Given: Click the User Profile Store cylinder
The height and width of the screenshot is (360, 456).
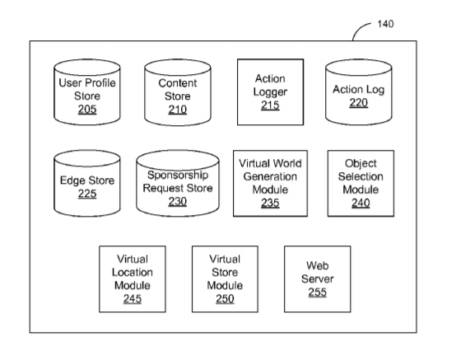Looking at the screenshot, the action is coord(87,92).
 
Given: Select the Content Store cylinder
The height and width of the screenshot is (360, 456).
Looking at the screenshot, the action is coord(178,92).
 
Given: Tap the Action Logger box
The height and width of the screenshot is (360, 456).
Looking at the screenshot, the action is coord(271,92).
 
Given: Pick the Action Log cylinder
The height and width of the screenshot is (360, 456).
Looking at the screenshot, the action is coord(359,92).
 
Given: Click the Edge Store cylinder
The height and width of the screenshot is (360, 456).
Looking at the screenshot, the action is coord(87,184).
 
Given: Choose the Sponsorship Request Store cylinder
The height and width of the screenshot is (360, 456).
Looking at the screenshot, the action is coord(178,184).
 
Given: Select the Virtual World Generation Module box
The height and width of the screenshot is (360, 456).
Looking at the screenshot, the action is coord(270,184).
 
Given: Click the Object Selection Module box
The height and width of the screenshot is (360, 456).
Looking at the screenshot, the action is coord(361,184).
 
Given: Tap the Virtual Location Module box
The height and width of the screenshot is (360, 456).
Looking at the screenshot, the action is coord(133,279).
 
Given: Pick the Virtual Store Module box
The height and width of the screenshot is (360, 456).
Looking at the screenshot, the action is coord(225,279).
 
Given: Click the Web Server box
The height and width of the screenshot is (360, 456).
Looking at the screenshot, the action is coord(317,279).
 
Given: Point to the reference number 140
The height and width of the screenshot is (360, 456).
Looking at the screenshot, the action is coord(385,24).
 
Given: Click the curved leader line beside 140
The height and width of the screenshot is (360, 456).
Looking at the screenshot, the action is coord(358,28).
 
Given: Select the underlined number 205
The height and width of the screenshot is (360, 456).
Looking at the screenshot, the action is coord(87,110).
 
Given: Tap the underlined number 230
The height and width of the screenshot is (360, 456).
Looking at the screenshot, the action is coord(178,201).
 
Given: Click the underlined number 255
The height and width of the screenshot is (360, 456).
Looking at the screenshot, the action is coord(317,292).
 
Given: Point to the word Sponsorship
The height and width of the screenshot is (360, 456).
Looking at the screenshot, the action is coord(178,175).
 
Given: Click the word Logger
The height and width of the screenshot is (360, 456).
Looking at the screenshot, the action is coord(270,92).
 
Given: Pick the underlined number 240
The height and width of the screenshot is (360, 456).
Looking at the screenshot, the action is coord(361,203).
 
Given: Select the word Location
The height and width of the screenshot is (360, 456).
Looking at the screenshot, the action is coord(133,273).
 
